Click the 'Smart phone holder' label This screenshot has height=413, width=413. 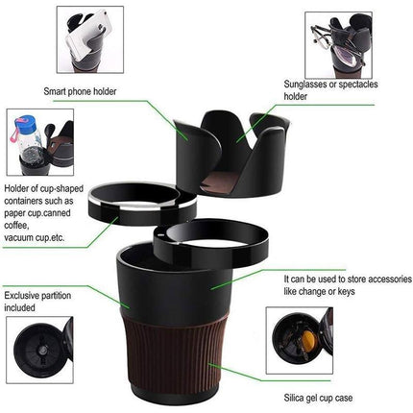pos(80,91)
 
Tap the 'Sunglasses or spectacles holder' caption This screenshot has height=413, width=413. pos(330,90)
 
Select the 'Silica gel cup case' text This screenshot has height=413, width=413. pos(318,398)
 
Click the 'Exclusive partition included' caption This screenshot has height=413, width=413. pos(37,302)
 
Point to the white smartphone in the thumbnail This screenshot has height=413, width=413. pos(85,36)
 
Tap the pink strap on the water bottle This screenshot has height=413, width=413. pos(15,132)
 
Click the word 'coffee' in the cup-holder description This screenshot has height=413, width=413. pos(16,226)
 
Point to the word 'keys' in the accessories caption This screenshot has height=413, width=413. pos(346,292)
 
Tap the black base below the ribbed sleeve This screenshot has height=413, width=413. pos(175,394)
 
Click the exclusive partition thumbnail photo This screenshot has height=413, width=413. pos(39,350)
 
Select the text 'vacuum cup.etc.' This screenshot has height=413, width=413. pos(35,237)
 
